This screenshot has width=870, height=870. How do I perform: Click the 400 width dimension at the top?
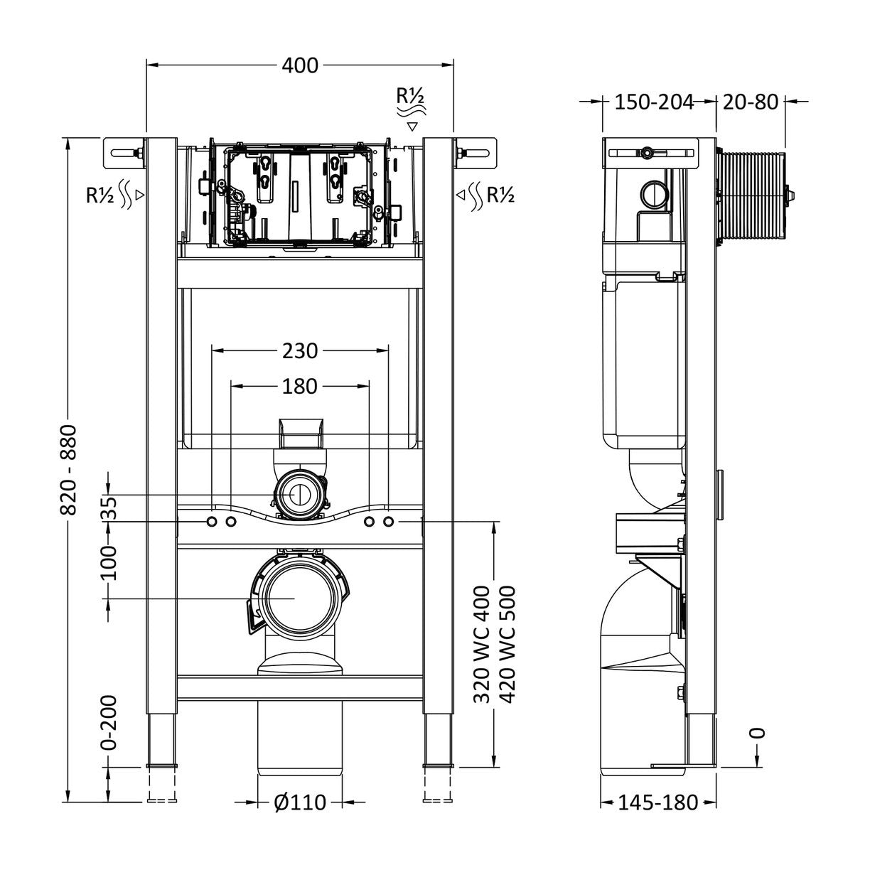pyautogui.click(x=300, y=65)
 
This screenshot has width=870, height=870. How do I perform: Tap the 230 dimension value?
pyautogui.click(x=300, y=350)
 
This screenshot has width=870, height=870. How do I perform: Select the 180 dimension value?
pyautogui.click(x=300, y=386)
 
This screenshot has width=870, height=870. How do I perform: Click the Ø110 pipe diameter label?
pyautogui.click(x=300, y=803)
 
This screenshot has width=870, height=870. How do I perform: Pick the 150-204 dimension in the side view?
pyautogui.click(x=653, y=102)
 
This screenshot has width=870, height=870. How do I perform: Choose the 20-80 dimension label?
pyautogui.click(x=751, y=102)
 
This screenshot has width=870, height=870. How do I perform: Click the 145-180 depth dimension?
pyautogui.click(x=657, y=803)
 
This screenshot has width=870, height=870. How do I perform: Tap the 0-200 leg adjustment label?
pyautogui.click(x=109, y=722)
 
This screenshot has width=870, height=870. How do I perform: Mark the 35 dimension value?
pyautogui.click(x=109, y=507)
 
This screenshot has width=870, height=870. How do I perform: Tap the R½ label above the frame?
pyautogui.click(x=411, y=95)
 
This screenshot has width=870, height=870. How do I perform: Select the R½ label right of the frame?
pyautogui.click(x=500, y=194)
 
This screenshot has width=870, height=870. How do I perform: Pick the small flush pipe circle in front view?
pyautogui.click(x=301, y=495)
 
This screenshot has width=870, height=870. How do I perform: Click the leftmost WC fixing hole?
pyautogui.click(x=211, y=522)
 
